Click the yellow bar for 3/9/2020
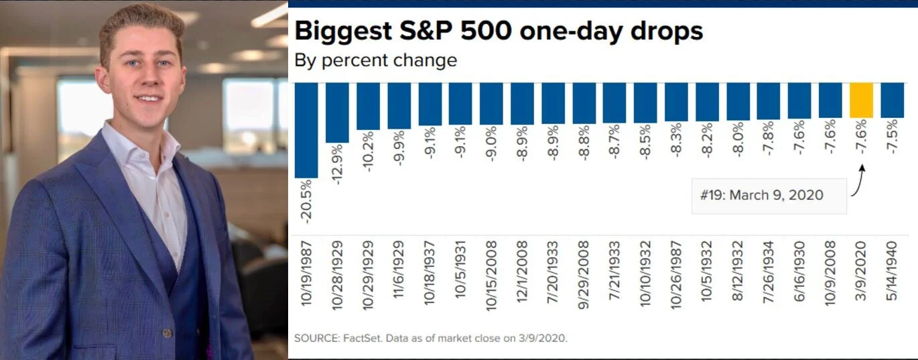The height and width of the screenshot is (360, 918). [x=861, y=101]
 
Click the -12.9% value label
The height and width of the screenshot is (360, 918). [x=337, y=166]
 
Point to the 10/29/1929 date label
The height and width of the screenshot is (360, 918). [x=368, y=272]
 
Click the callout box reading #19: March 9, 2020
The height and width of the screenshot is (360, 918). [x=769, y=196]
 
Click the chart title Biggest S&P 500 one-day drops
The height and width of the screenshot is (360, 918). [x=499, y=32]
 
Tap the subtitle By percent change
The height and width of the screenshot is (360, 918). [x=375, y=60]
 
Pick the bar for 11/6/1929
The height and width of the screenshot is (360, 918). [x=399, y=106]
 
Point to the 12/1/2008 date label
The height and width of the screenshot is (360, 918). [x=522, y=272]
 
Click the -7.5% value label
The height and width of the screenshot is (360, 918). [x=893, y=137]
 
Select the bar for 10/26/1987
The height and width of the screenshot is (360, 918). [x=676, y=102]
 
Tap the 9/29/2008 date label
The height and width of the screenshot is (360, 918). [x=584, y=272]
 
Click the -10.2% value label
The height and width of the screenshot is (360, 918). [x=368, y=151]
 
